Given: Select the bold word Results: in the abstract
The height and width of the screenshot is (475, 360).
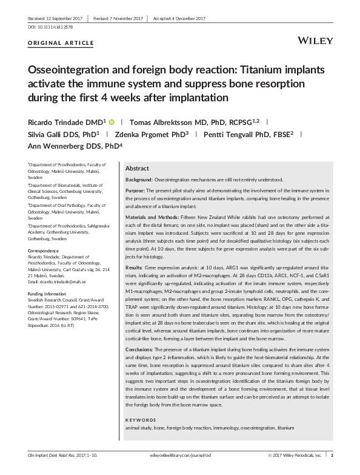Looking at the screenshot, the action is [136, 266].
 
